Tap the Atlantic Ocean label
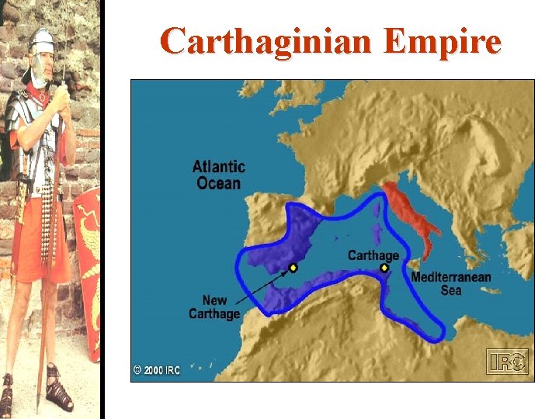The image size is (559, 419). pyautogui.click(x=218, y=175)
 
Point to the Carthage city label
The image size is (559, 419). pyautogui.click(x=373, y=255)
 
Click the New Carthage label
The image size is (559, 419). pyautogui.click(x=214, y=306)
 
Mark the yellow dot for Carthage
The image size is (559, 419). pyautogui.click(x=384, y=268)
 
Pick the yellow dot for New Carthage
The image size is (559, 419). pyautogui.click(x=293, y=268)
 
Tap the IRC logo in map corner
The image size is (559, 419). pyautogui.click(x=506, y=361)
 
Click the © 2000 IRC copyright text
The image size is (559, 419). pyautogui.click(x=156, y=370)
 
